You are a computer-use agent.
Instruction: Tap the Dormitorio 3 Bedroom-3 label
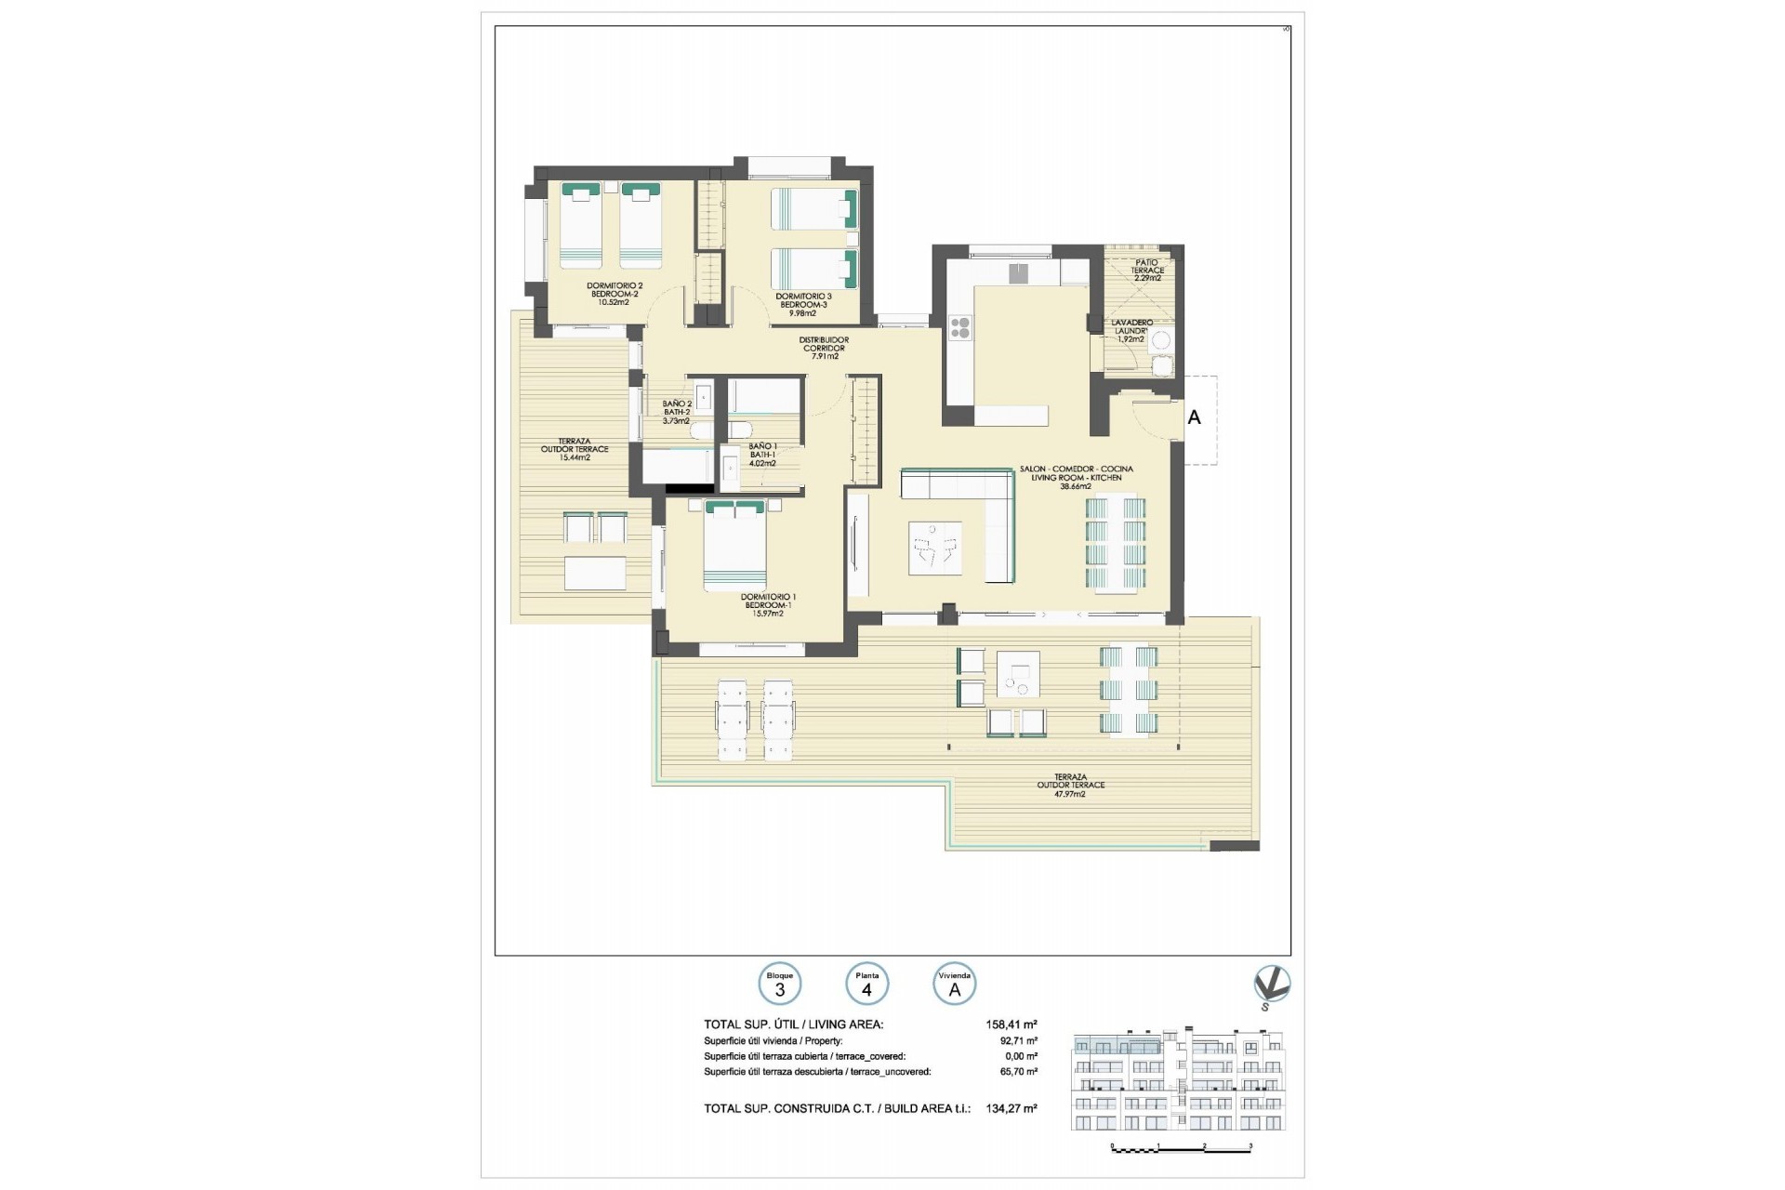tap(802, 304)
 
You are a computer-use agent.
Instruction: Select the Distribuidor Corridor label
tap(825, 348)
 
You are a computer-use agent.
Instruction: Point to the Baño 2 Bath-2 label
tap(676, 412)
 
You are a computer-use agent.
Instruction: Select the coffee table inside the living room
tap(934, 549)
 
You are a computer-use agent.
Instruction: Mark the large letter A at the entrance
tap(1194, 418)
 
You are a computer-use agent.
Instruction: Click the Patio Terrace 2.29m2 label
tap(1147, 271)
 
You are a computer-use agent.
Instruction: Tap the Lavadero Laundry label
tap(1131, 331)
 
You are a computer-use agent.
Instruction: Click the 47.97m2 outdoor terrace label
tap(1070, 786)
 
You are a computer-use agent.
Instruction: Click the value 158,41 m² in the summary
tap(1011, 1025)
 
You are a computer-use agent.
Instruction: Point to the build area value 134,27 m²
tap(1011, 1108)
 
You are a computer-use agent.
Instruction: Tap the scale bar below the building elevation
tap(1182, 1148)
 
